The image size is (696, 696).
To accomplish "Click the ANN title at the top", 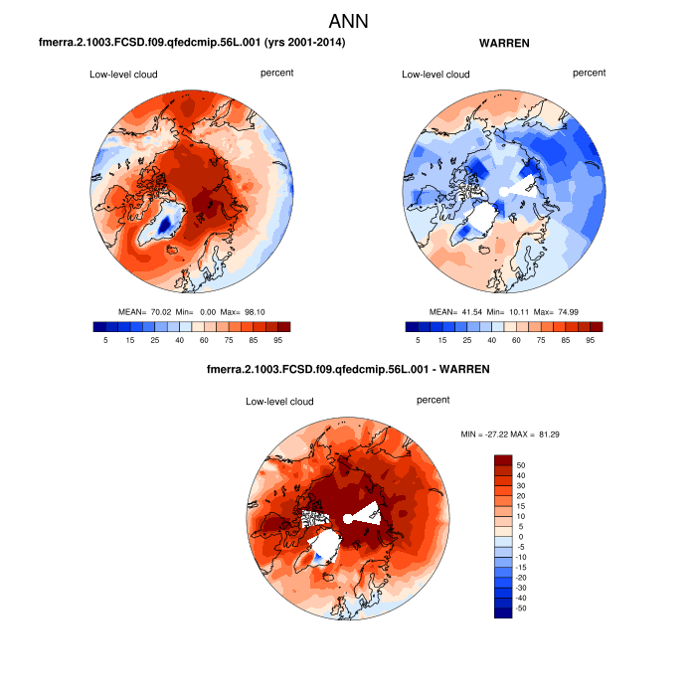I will click(348, 20).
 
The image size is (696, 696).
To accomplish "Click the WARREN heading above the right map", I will click(504, 45).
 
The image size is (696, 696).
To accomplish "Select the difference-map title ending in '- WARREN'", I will click(348, 370).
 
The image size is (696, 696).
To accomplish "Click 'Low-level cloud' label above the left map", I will click(123, 75).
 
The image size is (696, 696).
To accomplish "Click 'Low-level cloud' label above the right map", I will click(435, 75).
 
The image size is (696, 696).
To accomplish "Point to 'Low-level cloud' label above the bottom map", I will click(279, 402).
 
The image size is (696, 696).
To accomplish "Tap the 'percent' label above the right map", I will click(589, 73).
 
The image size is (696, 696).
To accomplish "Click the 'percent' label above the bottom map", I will click(434, 400).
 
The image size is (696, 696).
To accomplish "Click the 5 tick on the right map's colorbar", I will click(418, 340).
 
